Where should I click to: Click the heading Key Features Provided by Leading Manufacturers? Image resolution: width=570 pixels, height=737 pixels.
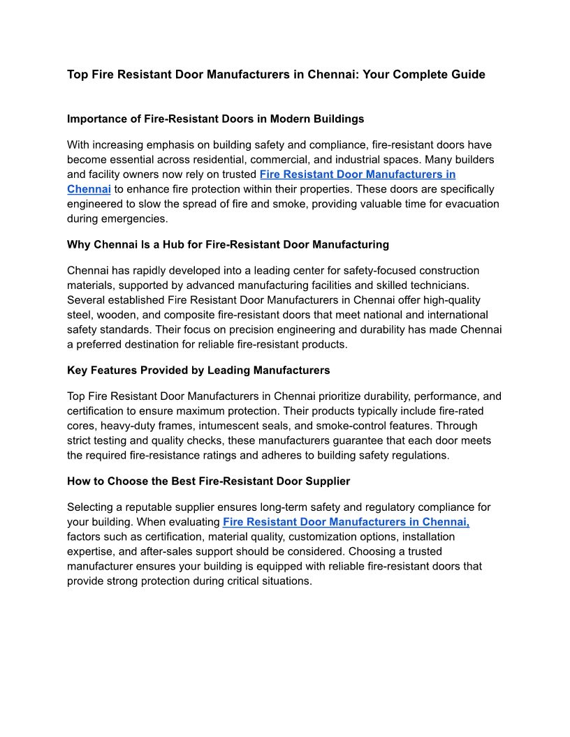(x=198, y=370)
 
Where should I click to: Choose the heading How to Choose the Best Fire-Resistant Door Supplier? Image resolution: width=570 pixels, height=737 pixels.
(x=208, y=481)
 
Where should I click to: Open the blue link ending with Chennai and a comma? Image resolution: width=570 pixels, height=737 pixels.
(x=346, y=522)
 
